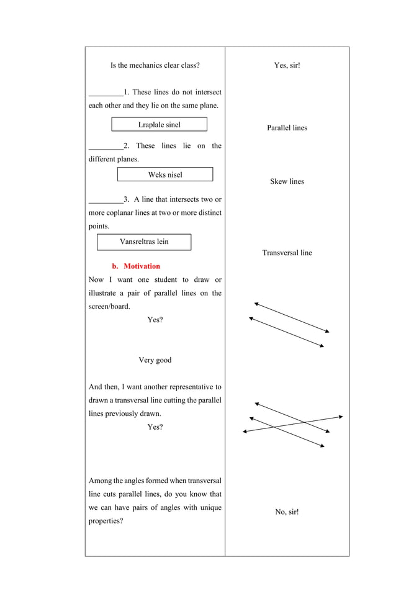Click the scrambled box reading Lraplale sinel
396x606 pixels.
pos(160,125)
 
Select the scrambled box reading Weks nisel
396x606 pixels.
pos(165,174)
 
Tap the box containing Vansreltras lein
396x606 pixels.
pos(144,242)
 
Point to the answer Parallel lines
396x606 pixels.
pos(287,128)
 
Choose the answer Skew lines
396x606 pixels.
pos(287,181)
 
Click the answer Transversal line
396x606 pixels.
pos(287,253)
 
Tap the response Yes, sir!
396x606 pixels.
pos(287,65)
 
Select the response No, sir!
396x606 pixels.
pos(287,512)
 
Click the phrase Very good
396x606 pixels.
pos(155,360)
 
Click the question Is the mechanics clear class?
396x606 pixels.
pos(155,65)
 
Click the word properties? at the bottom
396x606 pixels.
pos(106,522)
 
